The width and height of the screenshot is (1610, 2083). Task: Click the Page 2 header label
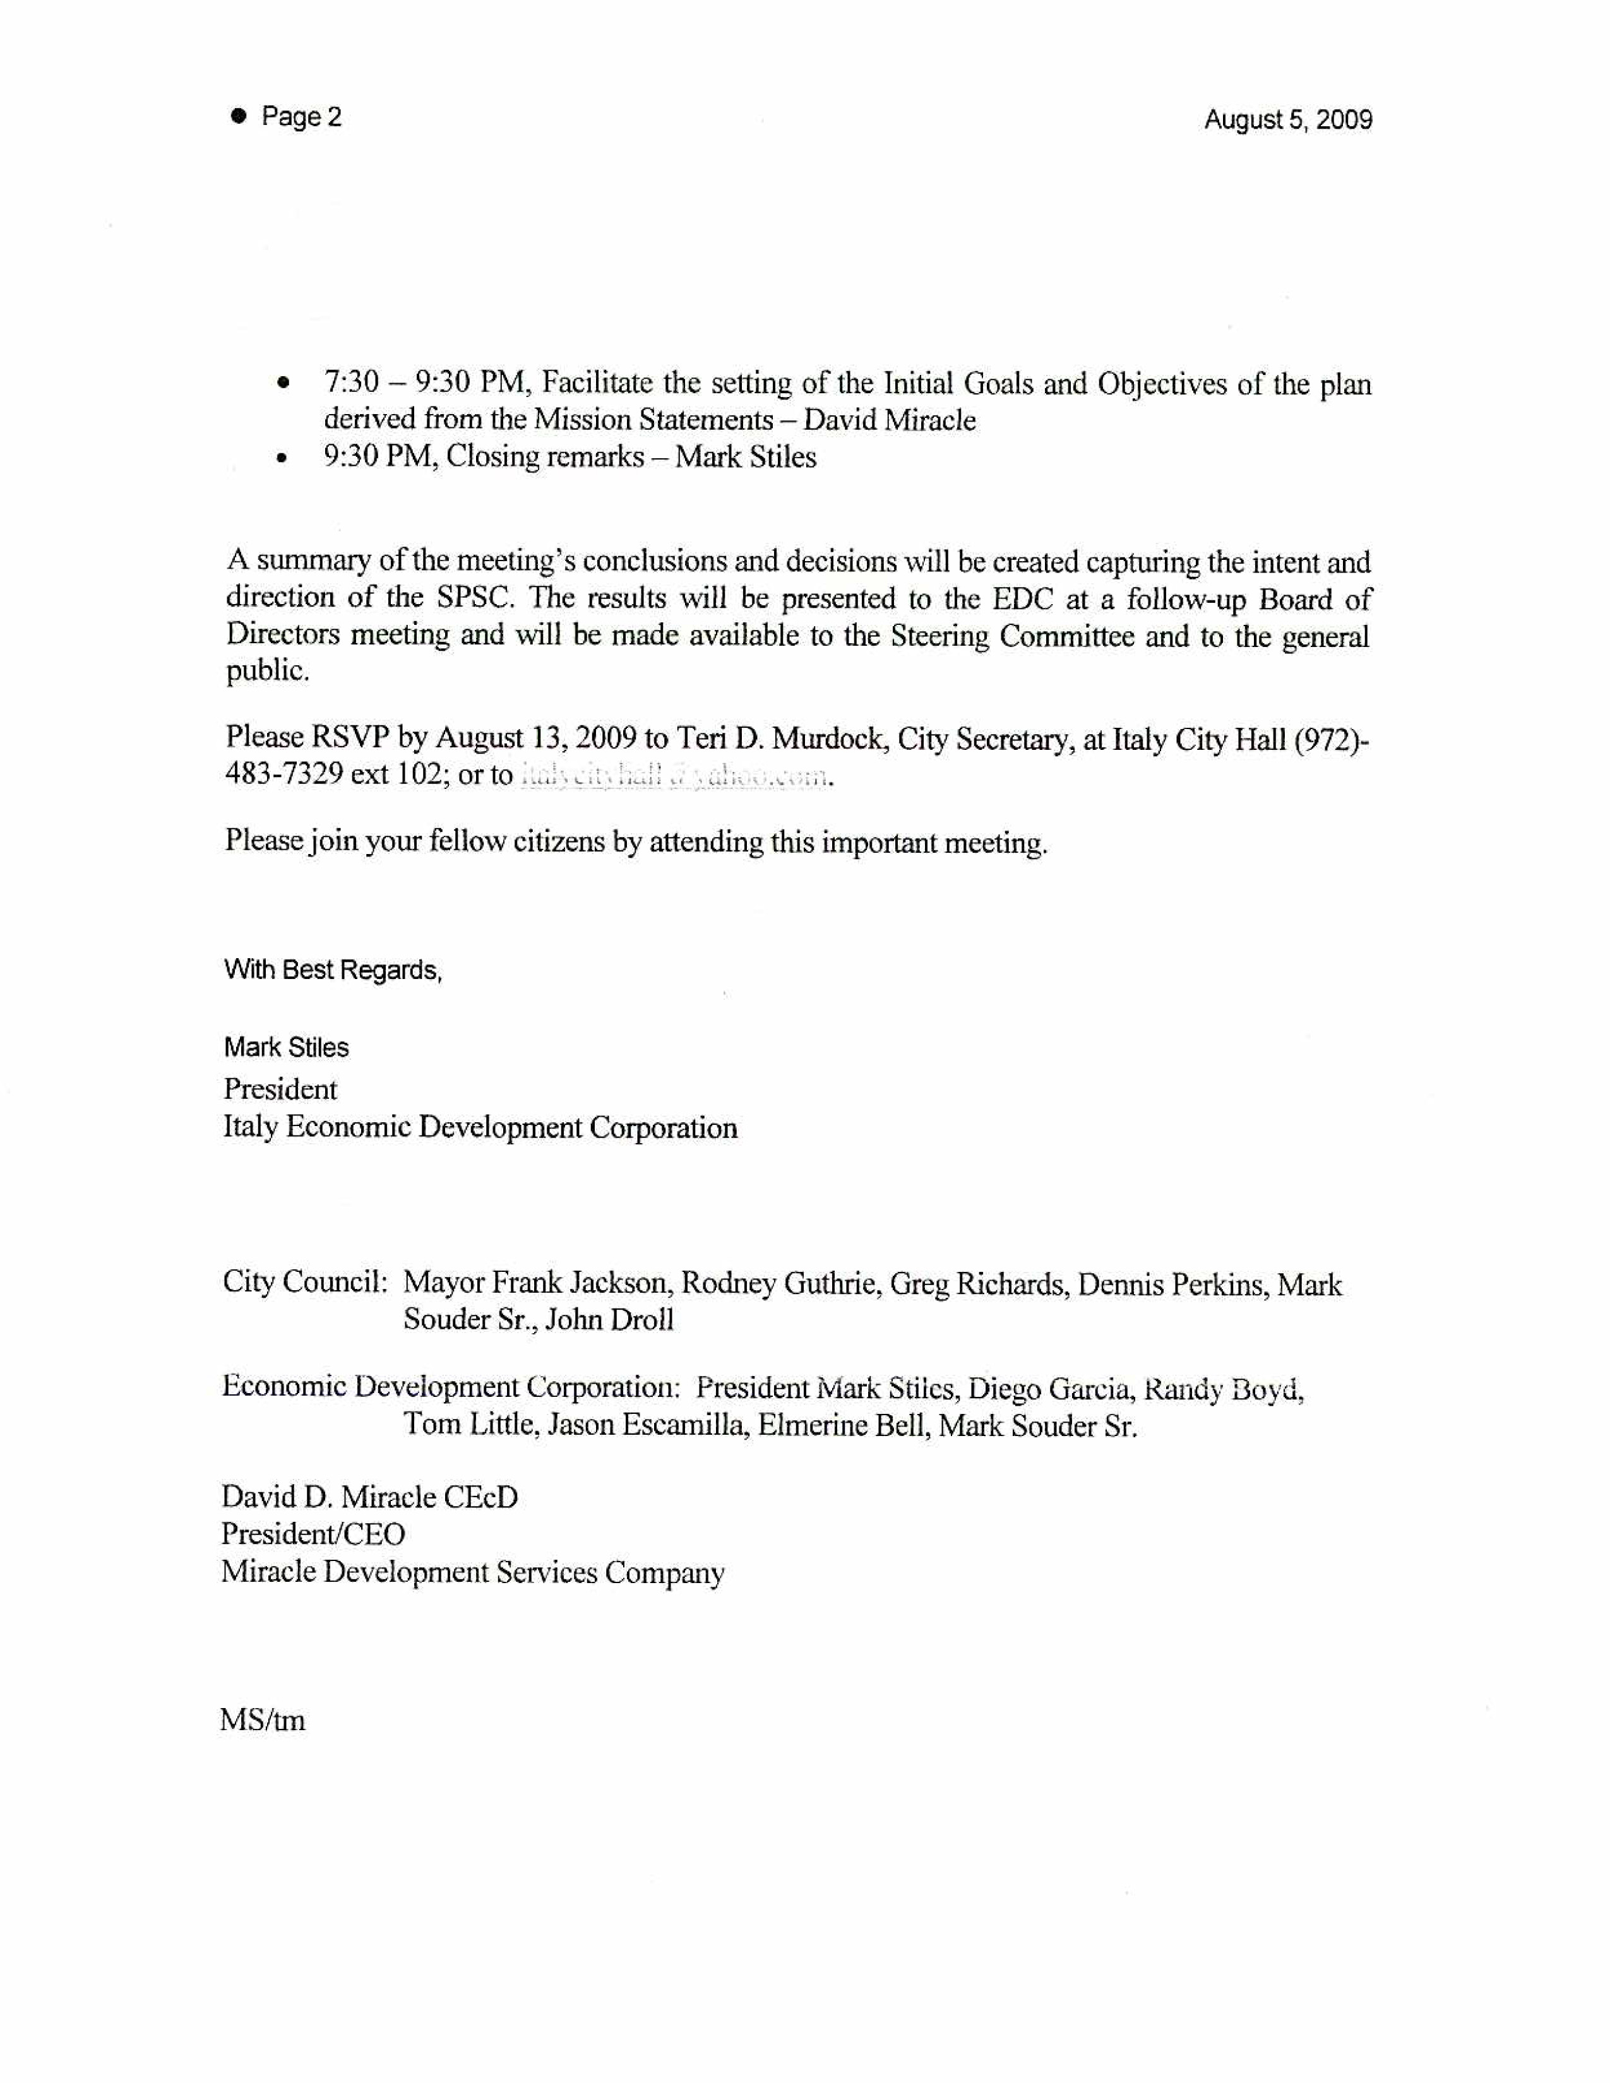(301, 117)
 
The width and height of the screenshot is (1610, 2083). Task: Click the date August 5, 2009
(1287, 120)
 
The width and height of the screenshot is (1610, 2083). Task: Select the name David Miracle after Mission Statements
(889, 420)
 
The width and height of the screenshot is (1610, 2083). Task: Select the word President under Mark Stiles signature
(280, 1089)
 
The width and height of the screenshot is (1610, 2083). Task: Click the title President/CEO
(314, 1534)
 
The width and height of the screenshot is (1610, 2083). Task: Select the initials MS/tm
(262, 1721)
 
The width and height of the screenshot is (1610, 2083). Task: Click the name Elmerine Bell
(828, 1426)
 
